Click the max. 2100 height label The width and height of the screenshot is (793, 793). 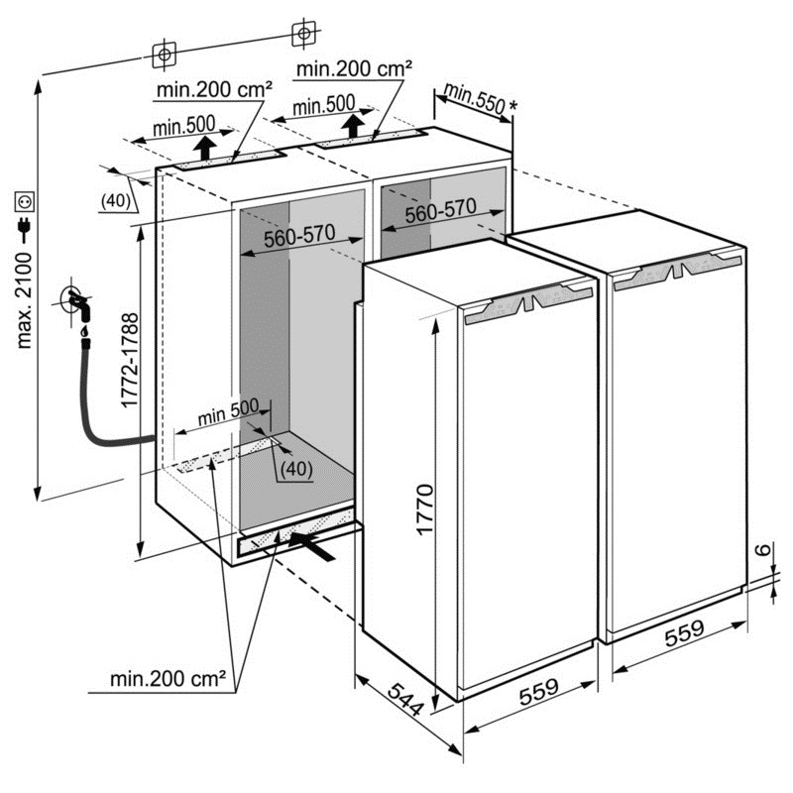(24, 301)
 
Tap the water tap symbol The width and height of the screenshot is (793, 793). (77, 303)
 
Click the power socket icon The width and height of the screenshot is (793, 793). (24, 202)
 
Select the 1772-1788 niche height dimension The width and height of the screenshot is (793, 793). (130, 360)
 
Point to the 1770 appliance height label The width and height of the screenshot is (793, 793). (425, 510)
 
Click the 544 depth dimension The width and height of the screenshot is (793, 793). (405, 699)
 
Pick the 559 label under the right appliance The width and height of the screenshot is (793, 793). (684, 633)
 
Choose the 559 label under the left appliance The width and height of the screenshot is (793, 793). (539, 691)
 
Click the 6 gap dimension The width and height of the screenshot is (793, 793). (765, 549)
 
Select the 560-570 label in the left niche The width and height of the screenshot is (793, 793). (300, 236)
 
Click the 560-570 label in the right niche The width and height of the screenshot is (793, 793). (440, 210)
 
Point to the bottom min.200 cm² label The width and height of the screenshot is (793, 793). (168, 679)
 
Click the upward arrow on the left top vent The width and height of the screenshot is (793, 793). (205, 147)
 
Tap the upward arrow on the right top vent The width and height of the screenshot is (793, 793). (353, 126)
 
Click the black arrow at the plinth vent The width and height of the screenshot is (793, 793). (311, 546)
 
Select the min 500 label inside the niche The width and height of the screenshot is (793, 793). (228, 412)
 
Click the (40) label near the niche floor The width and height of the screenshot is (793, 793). (296, 469)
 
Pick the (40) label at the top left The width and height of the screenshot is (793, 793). (116, 201)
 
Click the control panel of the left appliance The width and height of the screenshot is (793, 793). (528, 302)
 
